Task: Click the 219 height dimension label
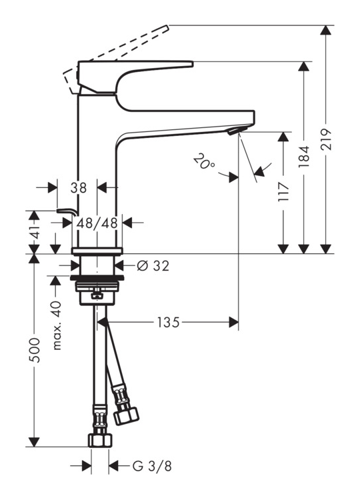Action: [325, 139]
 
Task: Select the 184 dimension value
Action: [304, 157]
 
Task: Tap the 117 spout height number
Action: [283, 191]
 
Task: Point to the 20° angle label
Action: [204, 161]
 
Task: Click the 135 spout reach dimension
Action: [168, 323]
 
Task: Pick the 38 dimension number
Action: [79, 188]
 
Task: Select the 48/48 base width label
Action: [97, 223]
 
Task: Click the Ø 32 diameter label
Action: [153, 265]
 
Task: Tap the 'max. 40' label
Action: [57, 325]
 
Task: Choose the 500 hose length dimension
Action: [34, 349]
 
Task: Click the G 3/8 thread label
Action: [152, 466]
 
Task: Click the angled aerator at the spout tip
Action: [237, 130]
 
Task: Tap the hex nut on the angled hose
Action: [126, 416]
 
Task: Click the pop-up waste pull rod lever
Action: [67, 212]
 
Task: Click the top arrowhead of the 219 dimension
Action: [325, 29]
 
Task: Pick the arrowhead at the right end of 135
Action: [234, 323]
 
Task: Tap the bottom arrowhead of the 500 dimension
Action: [34, 442]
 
